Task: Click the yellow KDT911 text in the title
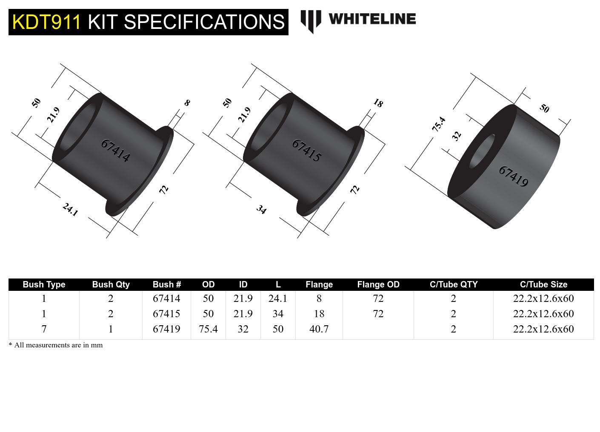pyautogui.click(x=46, y=22)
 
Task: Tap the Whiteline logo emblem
pyautogui.click(x=310, y=20)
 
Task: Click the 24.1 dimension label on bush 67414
pyautogui.click(x=70, y=209)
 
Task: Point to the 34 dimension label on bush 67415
pyautogui.click(x=261, y=210)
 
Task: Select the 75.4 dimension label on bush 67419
pyautogui.click(x=439, y=124)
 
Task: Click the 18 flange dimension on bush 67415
pyautogui.click(x=378, y=103)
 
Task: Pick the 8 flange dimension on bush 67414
pyautogui.click(x=187, y=102)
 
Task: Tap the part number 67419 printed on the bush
pyautogui.click(x=513, y=176)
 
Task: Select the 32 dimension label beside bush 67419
pyautogui.click(x=456, y=136)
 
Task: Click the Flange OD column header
pyautogui.click(x=378, y=284)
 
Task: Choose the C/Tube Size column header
pyautogui.click(x=543, y=284)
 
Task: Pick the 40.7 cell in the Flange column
pyautogui.click(x=319, y=329)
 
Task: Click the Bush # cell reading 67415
pyautogui.click(x=166, y=314)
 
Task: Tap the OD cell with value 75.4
pyautogui.click(x=208, y=329)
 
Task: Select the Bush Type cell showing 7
pyautogui.click(x=44, y=329)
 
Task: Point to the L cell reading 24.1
pyautogui.click(x=278, y=298)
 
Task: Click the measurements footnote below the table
pyautogui.click(x=56, y=345)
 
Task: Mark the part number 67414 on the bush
pyautogui.click(x=115, y=150)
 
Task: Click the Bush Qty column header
pyautogui.click(x=111, y=284)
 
